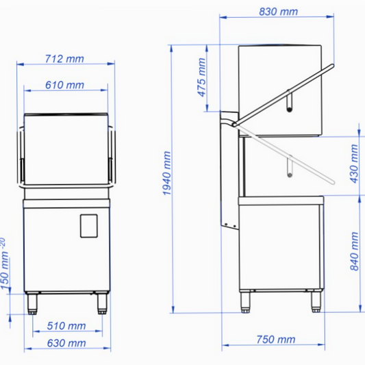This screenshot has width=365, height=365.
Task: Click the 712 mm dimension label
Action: (x=64, y=59)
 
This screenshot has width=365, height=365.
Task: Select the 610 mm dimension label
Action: (x=64, y=85)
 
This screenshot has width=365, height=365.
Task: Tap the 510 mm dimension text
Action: (x=66, y=326)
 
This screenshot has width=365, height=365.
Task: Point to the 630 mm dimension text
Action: (x=66, y=343)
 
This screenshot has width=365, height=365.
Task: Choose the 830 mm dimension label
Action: (x=279, y=12)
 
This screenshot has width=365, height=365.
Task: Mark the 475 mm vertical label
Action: (x=201, y=77)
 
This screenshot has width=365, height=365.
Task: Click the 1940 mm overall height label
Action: (x=166, y=173)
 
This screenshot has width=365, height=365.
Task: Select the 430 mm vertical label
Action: (x=354, y=164)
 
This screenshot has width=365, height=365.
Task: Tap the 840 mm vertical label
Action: (x=354, y=251)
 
